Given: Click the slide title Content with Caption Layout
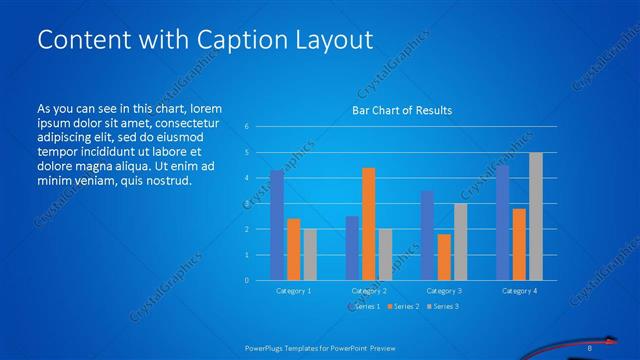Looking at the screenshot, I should (x=204, y=39).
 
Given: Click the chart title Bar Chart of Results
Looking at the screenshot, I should (x=401, y=110).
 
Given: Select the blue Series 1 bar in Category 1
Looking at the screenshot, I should (x=277, y=225).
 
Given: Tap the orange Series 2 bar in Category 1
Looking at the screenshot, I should (x=293, y=249).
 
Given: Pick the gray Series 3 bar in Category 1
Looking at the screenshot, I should (x=310, y=254).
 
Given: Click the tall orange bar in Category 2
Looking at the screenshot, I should (x=368, y=224).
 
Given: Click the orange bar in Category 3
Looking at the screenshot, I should (x=443, y=257).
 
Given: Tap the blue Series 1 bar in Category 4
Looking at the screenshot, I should (x=502, y=222).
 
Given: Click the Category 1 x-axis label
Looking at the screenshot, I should (x=293, y=290).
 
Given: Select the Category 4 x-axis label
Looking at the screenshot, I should (x=518, y=290).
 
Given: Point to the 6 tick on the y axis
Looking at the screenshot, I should (x=246, y=127).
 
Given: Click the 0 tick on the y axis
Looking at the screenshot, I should (x=246, y=280).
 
